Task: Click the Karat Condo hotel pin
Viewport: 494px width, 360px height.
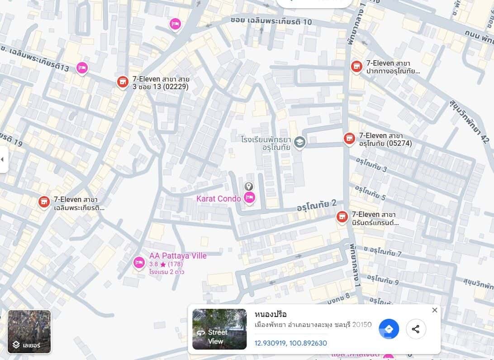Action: [249, 197]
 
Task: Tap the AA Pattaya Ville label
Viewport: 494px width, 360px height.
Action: [178, 256]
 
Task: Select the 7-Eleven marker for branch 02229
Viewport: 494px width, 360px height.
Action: [123, 82]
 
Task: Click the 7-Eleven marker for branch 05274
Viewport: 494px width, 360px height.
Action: [349, 138]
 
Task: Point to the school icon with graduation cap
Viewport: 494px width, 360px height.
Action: [299, 143]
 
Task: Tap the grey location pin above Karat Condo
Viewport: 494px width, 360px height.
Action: [248, 186]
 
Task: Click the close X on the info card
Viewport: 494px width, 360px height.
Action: [435, 310]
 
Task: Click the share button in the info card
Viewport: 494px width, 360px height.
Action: [416, 329]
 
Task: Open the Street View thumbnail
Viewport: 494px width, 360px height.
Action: [219, 329]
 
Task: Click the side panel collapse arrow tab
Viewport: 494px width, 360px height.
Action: [3, 159]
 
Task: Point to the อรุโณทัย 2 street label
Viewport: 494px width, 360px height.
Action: [317, 205]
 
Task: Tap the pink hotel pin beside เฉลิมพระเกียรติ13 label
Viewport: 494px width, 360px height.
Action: [82, 68]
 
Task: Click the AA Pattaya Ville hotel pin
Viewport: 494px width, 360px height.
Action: [139, 262]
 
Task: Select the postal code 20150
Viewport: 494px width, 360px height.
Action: [362, 325]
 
